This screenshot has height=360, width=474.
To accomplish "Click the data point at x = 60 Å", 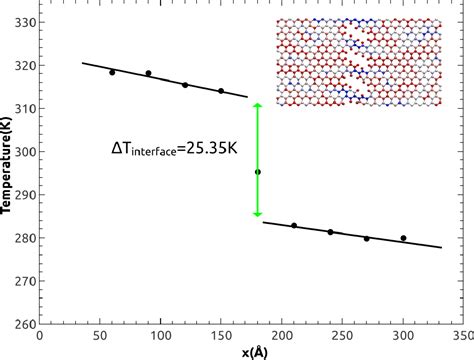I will click(112, 72).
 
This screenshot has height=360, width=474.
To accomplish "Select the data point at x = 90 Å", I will click(148, 73).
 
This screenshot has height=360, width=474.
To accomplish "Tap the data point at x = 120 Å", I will click(185, 85).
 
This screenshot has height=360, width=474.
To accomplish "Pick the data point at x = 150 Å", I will click(221, 91).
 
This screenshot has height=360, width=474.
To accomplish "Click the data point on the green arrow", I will click(258, 172).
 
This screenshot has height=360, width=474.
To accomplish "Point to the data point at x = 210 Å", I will click(294, 226).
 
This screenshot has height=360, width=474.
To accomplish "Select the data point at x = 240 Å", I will click(330, 232).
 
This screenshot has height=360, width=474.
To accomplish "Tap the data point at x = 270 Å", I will click(366, 238).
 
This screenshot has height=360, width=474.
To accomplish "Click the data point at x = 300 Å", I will click(403, 238).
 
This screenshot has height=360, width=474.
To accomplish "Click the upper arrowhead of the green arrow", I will click(258, 105).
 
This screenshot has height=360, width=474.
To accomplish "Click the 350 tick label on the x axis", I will click(463, 336).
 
